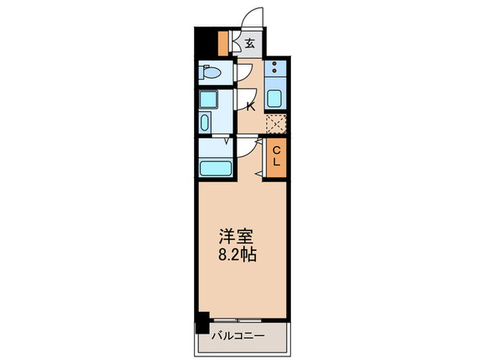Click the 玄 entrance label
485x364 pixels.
[x=249, y=43]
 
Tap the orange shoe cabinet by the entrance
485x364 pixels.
[x=222, y=43]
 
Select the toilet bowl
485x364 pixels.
[x=209, y=72]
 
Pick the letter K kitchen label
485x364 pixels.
[x=251, y=106]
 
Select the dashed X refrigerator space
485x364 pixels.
[x=276, y=123]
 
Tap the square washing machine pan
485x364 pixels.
[x=207, y=99]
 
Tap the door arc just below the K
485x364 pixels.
[x=247, y=147]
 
